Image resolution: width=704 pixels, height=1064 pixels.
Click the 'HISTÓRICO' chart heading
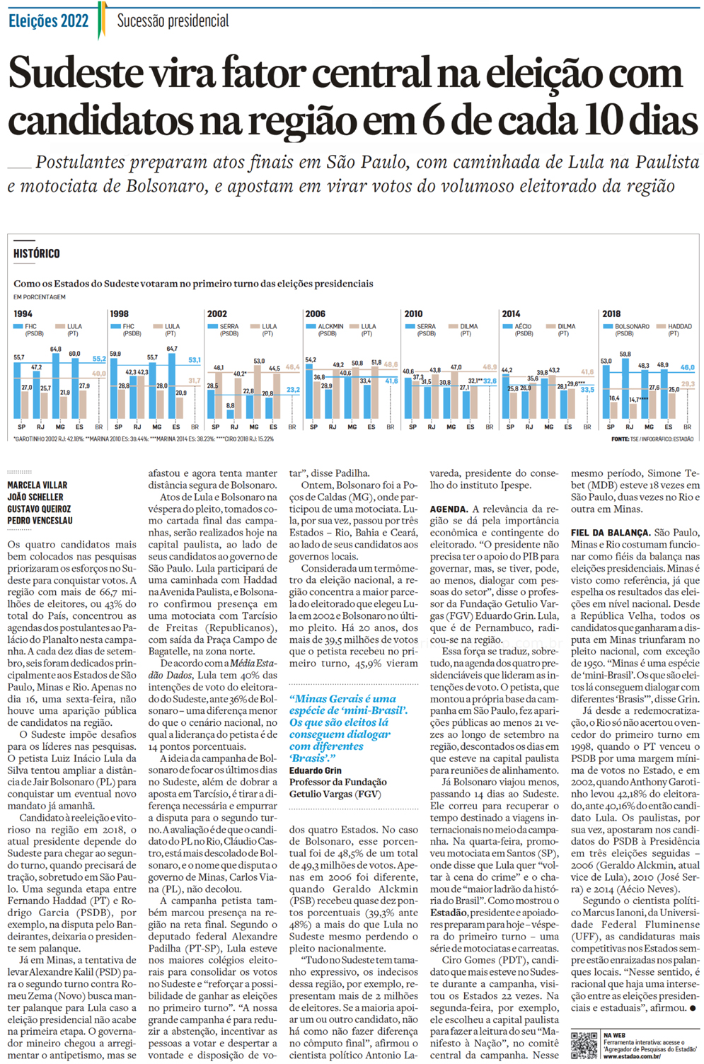pos(37,253)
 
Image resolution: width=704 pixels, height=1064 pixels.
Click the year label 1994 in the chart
pos(23,313)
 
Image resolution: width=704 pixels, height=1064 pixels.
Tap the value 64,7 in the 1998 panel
pos(172,349)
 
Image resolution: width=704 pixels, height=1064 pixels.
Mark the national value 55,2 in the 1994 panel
pos(98,359)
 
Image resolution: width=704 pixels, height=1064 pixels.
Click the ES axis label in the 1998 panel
pos(176,427)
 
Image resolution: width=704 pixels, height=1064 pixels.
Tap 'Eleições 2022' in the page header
pos(48,21)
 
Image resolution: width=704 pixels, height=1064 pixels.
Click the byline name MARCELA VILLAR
pos(37,485)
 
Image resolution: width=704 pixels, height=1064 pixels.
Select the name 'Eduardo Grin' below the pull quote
pos(315,770)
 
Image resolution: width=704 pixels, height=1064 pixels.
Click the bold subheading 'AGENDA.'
pos(449,509)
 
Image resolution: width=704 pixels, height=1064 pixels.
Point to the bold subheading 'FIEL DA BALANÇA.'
pos(610,533)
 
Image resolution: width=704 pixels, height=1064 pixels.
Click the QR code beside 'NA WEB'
pos(584,1045)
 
